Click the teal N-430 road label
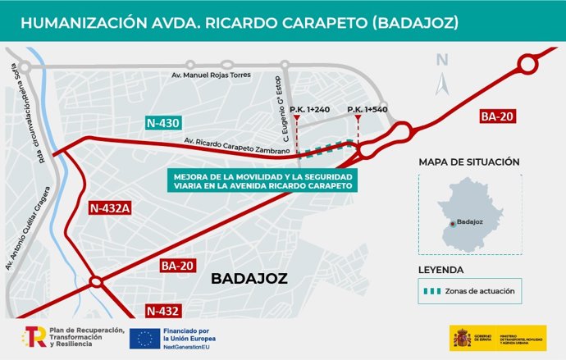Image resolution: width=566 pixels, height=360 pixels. [162, 124]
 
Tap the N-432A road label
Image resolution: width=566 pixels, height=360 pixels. [110, 208]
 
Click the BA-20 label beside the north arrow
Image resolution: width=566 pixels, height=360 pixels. [496, 117]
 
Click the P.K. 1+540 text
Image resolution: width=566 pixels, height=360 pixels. [367, 109]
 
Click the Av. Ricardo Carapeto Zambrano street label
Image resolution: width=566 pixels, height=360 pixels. [237, 145]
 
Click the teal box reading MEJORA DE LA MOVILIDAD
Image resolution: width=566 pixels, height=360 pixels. [262, 181]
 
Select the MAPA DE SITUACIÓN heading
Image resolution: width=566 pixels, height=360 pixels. [468, 162]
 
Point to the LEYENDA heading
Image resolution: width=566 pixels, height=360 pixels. [441, 269]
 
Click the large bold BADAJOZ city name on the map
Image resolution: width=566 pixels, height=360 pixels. [249, 279]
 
